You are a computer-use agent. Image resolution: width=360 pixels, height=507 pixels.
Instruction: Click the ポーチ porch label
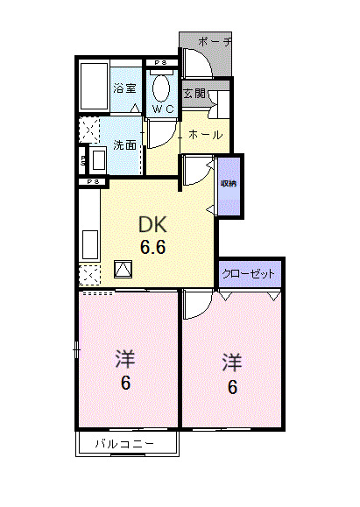click(x=215, y=42)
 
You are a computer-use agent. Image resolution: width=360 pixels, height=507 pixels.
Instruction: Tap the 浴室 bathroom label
click(x=124, y=88)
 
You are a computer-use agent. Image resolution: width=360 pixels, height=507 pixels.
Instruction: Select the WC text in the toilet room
click(x=162, y=109)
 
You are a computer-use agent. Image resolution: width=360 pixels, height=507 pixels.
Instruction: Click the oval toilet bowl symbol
click(x=162, y=88)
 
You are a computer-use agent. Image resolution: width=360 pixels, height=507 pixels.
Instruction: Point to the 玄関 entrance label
click(x=193, y=91)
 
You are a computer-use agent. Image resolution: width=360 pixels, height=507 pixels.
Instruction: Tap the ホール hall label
click(x=206, y=135)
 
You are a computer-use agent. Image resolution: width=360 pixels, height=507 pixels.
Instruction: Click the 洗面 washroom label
click(x=124, y=145)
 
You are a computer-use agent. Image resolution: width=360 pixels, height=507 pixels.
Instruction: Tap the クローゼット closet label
click(x=250, y=274)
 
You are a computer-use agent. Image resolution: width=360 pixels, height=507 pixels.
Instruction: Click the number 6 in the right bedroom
click(x=232, y=387)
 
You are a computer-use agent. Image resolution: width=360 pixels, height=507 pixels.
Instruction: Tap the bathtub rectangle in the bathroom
click(x=94, y=88)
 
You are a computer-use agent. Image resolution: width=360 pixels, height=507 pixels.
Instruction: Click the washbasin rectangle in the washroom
click(x=97, y=160)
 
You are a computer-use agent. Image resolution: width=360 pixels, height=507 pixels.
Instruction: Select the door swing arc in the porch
click(x=197, y=63)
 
